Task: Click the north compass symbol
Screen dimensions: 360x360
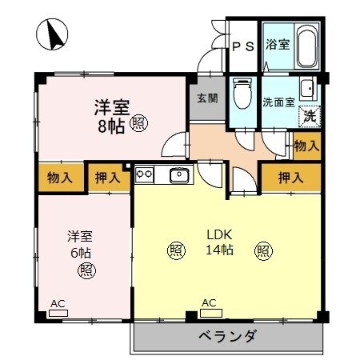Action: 52,33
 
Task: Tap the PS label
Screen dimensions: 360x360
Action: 243,46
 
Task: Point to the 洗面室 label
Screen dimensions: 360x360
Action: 279,102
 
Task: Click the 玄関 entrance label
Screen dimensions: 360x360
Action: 205,99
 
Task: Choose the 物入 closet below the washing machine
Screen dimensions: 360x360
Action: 306,146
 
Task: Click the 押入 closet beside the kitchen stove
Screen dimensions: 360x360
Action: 104,178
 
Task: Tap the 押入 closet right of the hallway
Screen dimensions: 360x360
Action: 290,177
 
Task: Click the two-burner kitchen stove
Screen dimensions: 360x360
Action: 145,172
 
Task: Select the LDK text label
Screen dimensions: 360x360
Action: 219,235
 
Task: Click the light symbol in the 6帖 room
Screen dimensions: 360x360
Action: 86,270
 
